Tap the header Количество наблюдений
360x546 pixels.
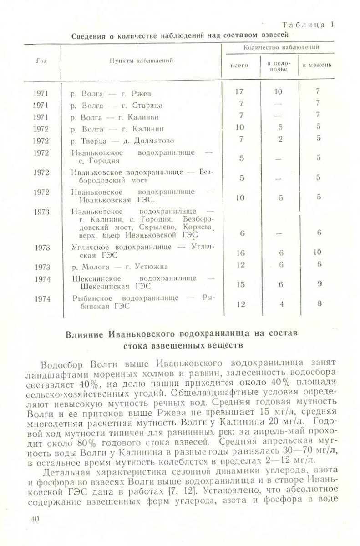pos(281,47)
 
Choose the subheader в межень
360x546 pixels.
pos(317,65)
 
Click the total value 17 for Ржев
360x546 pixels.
pos(239,91)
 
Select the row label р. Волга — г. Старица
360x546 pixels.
pos(117,106)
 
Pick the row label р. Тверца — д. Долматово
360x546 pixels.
pos(123,140)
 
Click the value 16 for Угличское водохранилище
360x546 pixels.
pos(241,252)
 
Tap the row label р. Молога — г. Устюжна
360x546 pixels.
pos(120,267)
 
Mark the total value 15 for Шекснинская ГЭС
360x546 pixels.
pos(241,284)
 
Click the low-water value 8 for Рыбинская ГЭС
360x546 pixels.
pos(319,303)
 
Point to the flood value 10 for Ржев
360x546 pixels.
pos(279,91)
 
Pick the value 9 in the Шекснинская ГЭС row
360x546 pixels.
pos(320,284)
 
